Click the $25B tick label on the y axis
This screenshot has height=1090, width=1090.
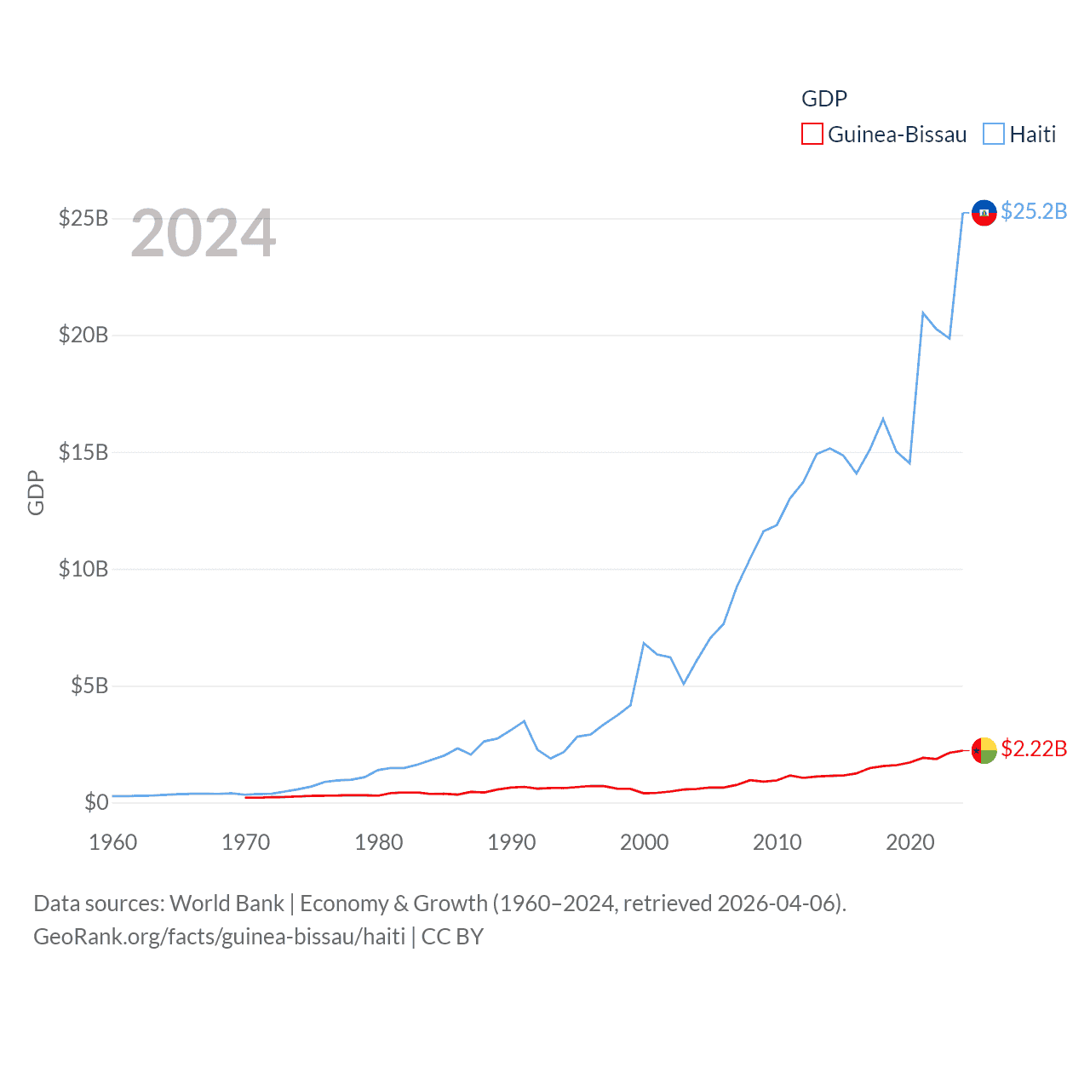pos(83,218)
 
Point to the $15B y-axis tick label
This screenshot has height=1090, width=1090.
pos(83,452)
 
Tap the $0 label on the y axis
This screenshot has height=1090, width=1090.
pos(96,802)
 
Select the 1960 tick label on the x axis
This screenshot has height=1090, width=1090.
pos(113,842)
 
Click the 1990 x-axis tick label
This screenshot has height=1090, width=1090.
pos(511,842)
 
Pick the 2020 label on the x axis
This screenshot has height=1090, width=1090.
pos(909,842)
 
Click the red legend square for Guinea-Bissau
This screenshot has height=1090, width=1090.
pos(812,135)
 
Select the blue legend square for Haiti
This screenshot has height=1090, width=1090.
pos(994,135)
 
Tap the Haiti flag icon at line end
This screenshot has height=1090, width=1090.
pos(984,213)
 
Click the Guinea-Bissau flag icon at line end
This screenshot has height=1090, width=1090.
pos(984,750)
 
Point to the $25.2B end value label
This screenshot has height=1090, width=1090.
pos(1034,211)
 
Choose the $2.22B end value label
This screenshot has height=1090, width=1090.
pos(1034,749)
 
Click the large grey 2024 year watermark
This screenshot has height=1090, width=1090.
pos(204,233)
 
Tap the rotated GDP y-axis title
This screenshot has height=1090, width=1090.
pos(36,492)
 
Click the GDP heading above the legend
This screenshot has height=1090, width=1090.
pos(824,99)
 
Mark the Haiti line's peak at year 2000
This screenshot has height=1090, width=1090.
pos(644,643)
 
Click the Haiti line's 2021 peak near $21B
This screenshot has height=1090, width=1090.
pos(923,313)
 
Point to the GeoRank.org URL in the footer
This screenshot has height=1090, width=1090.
pos(220,937)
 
